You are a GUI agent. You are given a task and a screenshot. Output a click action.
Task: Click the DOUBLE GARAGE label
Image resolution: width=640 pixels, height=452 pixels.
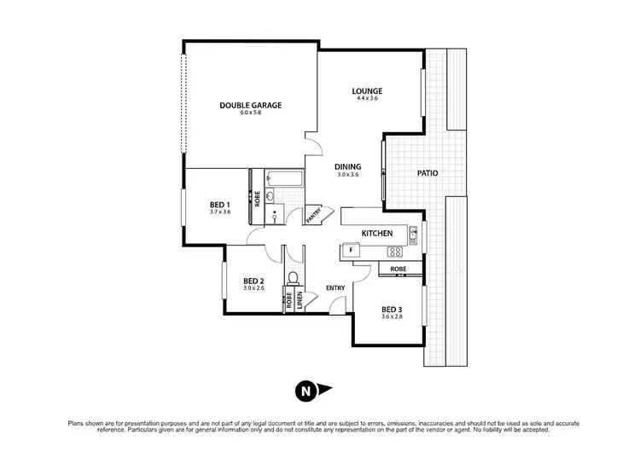(250, 106)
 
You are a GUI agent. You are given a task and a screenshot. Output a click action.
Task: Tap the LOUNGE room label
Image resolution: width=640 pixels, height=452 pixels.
(368, 91)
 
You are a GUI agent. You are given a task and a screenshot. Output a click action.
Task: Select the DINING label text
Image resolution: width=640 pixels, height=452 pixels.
(347, 166)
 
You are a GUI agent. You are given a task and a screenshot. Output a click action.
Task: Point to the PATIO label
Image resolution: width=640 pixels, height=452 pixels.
(428, 173)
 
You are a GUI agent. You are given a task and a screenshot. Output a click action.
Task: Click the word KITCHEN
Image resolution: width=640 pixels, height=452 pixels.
(376, 233)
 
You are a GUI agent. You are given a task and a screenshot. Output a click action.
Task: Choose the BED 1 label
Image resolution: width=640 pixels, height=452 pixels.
(220, 205)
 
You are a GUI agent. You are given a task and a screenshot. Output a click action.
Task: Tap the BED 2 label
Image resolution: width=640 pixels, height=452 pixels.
(253, 281)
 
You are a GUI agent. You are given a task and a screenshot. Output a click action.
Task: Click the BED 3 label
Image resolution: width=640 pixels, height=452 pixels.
(392, 309)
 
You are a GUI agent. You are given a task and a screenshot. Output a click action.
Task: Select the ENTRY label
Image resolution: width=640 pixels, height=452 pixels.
(335, 288)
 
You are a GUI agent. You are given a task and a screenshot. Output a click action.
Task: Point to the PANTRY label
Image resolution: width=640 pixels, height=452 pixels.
(314, 212)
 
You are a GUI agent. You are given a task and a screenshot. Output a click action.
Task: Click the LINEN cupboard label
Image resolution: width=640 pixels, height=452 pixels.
(300, 300)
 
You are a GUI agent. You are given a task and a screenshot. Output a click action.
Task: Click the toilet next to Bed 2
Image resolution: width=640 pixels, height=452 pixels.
(294, 278)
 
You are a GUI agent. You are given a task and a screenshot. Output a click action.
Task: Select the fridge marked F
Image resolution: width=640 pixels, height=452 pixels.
(350, 250)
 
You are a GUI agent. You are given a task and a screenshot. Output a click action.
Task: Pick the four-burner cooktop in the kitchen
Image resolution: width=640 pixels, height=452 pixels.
(395, 251)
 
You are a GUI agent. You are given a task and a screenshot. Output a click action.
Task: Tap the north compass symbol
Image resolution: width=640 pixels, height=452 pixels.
(305, 391)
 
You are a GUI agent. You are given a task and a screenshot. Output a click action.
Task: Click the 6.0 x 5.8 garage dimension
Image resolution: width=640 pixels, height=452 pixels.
(250, 113)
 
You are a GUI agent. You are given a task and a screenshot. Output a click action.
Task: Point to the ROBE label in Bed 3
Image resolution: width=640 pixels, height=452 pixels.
(398, 269)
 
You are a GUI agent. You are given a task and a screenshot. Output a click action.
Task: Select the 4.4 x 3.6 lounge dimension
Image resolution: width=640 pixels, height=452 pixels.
(368, 99)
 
